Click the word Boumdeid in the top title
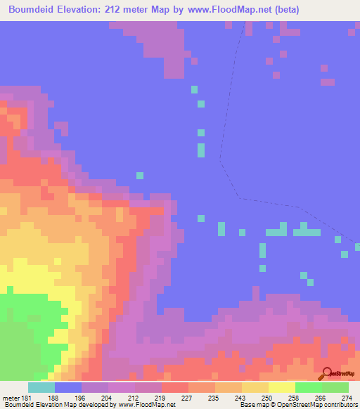(32, 10)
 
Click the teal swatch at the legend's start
(41, 387)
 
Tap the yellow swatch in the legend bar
(281, 387)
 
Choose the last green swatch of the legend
(335, 387)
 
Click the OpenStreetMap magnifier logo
(326, 374)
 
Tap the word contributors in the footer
(340, 405)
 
